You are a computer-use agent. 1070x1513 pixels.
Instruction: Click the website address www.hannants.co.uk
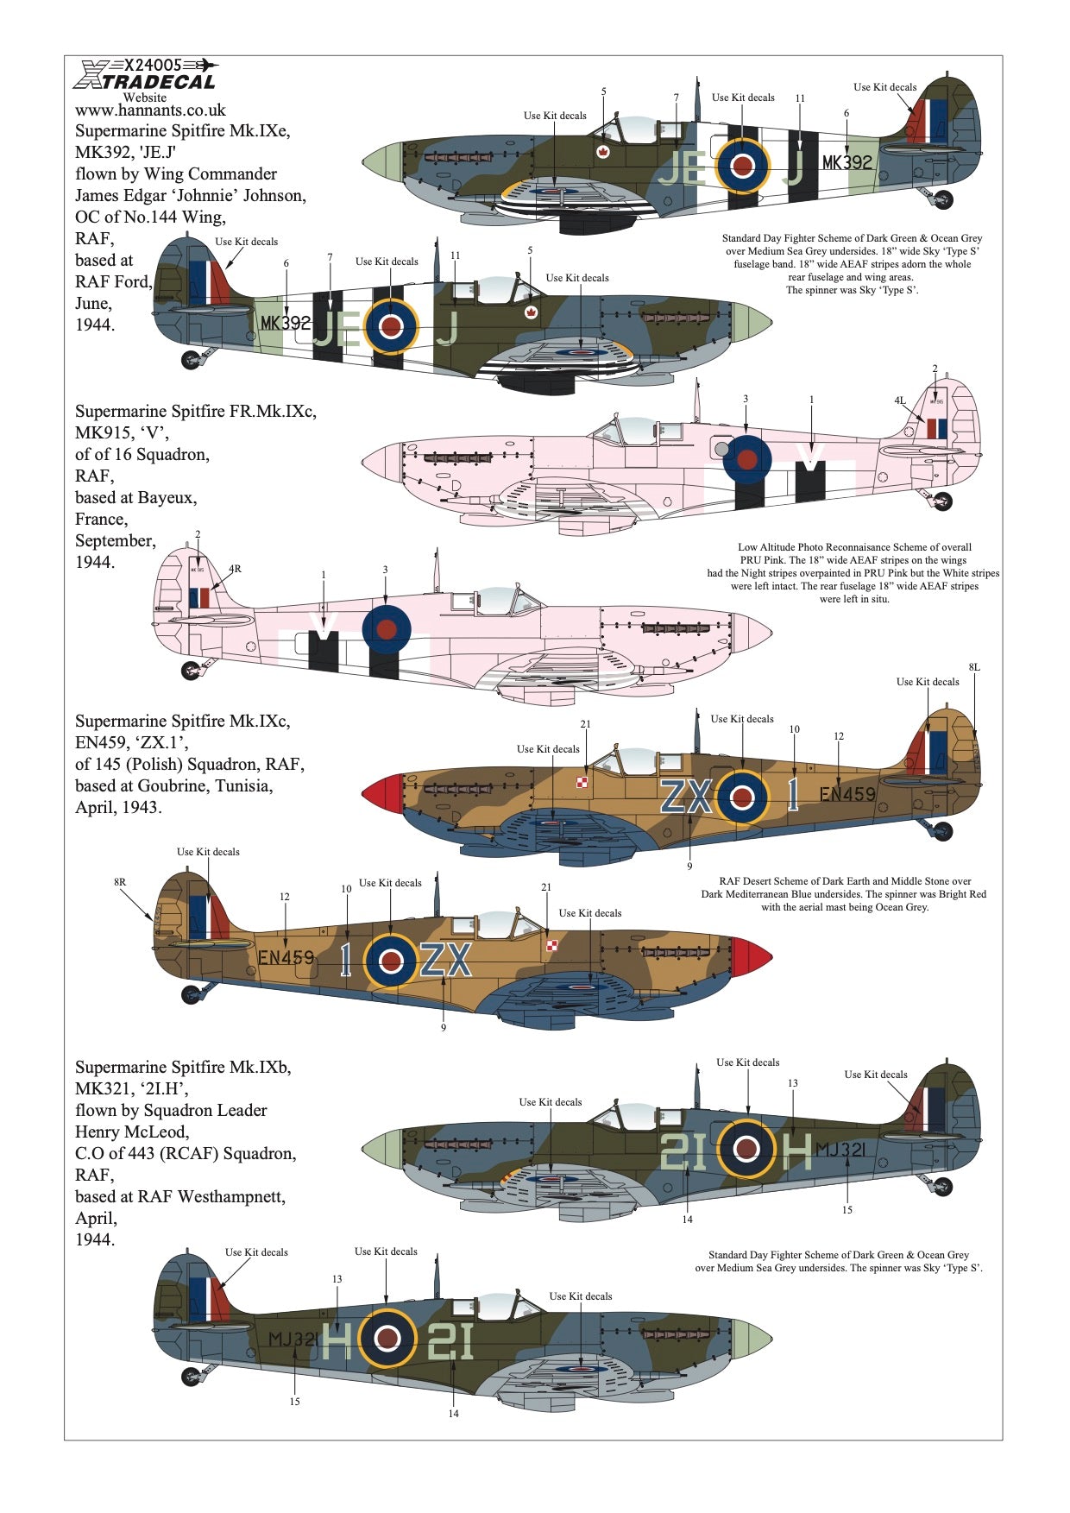point(150,110)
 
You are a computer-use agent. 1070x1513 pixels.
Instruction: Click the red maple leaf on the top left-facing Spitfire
point(600,153)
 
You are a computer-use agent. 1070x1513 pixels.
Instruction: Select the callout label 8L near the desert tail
point(974,667)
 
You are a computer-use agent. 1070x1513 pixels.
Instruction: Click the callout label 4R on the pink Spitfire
point(235,569)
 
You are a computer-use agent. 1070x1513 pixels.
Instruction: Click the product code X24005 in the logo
point(154,65)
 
